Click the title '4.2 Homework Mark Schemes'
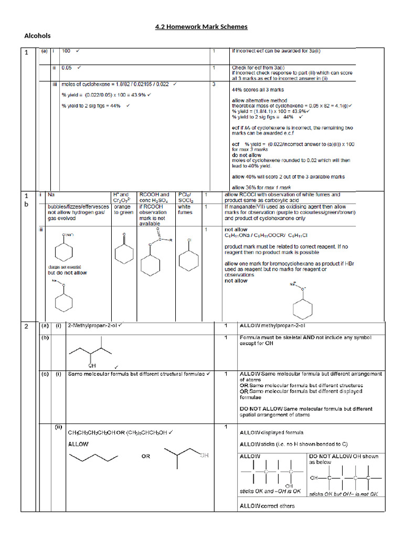click(201, 27)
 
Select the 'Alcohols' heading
click(37, 36)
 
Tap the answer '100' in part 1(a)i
click(67, 51)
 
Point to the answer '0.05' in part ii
click(67, 68)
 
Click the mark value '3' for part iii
click(214, 84)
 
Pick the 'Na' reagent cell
click(51, 194)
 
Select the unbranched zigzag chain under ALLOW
click(94, 456)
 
